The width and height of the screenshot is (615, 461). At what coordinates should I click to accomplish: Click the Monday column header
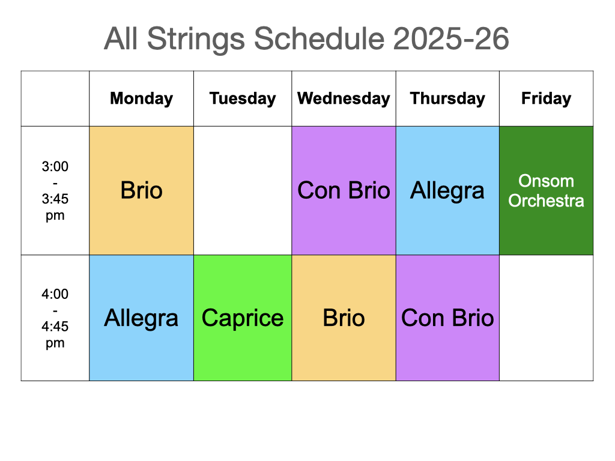141,98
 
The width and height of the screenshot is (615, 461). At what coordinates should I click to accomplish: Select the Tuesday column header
243,98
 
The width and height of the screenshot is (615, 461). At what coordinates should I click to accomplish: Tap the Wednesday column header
344,98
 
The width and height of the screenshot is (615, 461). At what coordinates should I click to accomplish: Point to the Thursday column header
447,98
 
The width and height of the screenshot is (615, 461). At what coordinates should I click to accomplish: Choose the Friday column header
546,98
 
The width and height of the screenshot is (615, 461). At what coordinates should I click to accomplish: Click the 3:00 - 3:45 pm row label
55,190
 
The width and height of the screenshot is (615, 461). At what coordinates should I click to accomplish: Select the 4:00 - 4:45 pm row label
55,318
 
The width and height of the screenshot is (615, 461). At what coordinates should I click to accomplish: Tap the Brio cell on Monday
141,190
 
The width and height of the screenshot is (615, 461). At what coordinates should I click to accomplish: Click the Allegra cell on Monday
141,318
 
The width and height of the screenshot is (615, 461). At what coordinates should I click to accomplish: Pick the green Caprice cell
243,318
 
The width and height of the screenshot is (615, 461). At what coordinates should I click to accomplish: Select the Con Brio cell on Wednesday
344,190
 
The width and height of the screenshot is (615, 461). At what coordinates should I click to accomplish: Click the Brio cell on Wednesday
344,318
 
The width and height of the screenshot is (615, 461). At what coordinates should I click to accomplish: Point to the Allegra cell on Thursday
447,190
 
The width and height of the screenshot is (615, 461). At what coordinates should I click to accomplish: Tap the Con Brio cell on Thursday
447,318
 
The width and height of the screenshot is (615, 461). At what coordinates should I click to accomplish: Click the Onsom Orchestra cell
546,190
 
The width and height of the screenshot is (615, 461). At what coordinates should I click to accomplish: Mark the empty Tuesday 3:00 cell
243,190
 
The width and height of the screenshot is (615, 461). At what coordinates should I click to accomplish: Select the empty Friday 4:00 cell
546,318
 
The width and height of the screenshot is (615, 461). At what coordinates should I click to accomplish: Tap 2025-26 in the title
450,39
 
